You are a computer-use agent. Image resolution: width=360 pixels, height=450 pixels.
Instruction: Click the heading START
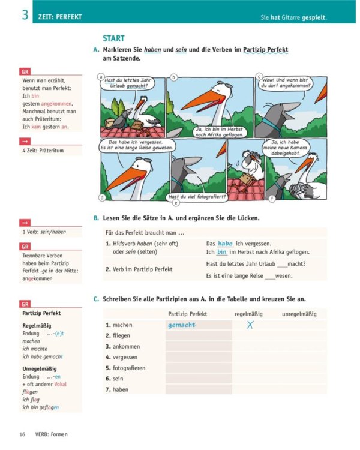pyautogui.click(x=113, y=38)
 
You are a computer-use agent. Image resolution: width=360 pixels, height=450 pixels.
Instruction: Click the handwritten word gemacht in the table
pyautogui.click(x=182, y=325)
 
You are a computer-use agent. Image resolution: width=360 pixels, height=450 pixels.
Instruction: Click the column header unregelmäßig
pyautogui.click(x=299, y=314)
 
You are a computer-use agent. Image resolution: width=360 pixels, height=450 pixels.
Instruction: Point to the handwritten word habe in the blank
pyautogui.click(x=225, y=244)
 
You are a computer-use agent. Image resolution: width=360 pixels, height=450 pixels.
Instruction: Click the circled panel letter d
pyautogui.click(x=103, y=197)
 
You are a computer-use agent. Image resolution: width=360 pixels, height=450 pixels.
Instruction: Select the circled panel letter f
pyautogui.click(x=272, y=197)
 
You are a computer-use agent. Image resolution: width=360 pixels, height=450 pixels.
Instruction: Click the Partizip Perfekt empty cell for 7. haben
pyautogui.click(x=199, y=389)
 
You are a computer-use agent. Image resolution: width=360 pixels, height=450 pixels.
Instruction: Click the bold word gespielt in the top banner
pyautogui.click(x=312, y=18)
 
